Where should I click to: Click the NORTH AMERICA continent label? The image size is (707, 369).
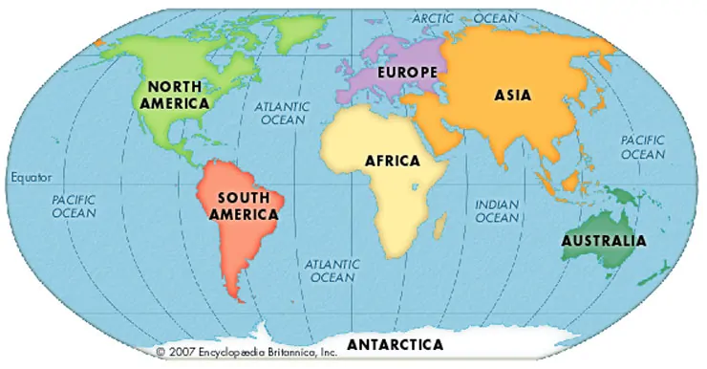[172, 94]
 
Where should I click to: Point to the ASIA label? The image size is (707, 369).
[512, 95]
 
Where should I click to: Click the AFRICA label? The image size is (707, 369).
[392, 160]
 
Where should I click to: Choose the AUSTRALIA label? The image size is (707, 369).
[603, 240]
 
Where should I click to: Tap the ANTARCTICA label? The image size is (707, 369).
[395, 343]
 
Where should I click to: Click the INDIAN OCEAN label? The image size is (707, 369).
[497, 210]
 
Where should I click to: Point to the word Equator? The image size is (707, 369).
[31, 178]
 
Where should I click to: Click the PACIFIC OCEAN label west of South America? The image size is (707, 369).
[74, 206]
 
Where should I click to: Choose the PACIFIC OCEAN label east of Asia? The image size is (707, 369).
[642, 146]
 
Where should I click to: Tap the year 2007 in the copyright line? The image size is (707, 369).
[183, 351]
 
